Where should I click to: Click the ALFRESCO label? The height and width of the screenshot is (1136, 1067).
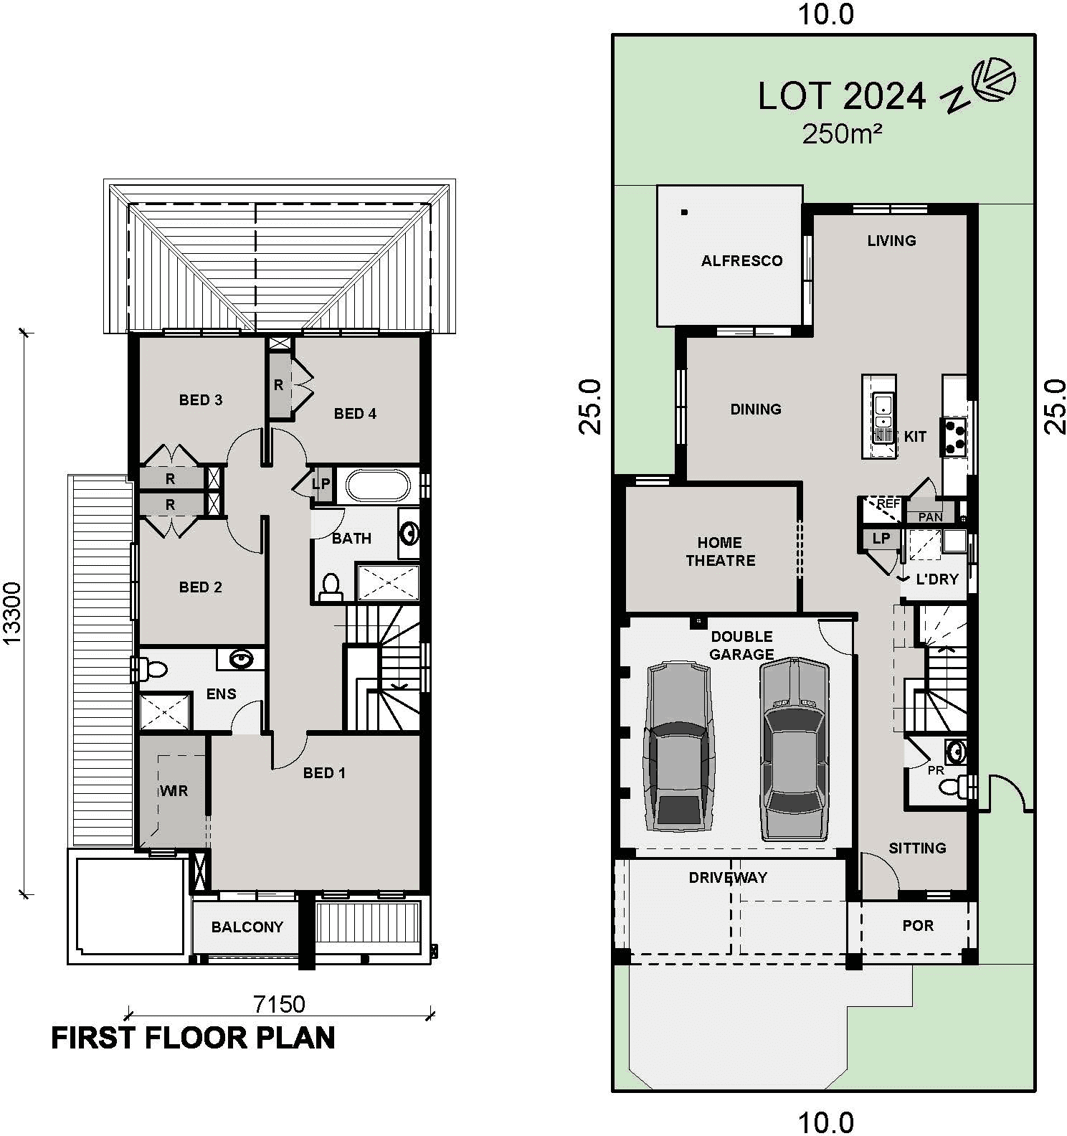(741, 261)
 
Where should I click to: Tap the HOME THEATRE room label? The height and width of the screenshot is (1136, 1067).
(720, 552)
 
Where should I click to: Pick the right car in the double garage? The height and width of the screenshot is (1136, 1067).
(794, 749)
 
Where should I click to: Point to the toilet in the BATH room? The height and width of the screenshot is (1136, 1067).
(331, 587)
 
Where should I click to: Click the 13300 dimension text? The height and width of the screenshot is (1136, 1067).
(13, 613)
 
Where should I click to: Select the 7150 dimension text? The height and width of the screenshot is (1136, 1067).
(280, 1004)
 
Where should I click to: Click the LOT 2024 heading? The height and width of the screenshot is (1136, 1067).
(842, 96)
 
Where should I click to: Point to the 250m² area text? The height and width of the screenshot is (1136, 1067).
(842, 134)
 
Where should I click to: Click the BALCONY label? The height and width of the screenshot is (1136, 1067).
(247, 927)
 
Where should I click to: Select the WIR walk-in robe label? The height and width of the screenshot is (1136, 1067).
(174, 791)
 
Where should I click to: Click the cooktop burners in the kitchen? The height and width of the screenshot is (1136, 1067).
(955, 437)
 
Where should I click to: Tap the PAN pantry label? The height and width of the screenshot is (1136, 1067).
(931, 517)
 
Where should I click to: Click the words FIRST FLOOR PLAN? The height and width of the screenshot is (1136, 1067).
(193, 1038)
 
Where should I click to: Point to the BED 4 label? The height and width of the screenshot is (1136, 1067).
(355, 414)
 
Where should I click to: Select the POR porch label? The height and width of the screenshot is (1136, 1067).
(918, 926)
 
